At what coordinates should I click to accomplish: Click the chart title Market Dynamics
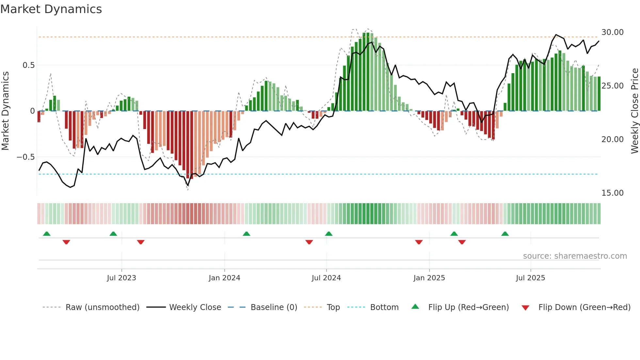51,9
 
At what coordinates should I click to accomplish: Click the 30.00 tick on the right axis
612,32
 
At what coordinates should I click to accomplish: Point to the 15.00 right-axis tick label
612,193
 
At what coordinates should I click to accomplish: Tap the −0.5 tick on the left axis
26,157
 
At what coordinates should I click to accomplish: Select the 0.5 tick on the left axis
28,65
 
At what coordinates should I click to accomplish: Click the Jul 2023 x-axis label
121,278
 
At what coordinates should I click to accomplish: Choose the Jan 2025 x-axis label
429,278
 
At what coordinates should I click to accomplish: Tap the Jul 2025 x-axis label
530,278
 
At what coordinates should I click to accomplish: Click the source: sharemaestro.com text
575,256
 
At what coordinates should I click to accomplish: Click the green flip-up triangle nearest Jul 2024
329,234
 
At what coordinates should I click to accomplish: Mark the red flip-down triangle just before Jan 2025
419,242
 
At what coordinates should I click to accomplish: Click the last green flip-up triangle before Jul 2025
505,234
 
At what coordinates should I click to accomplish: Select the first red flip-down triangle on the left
66,242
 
